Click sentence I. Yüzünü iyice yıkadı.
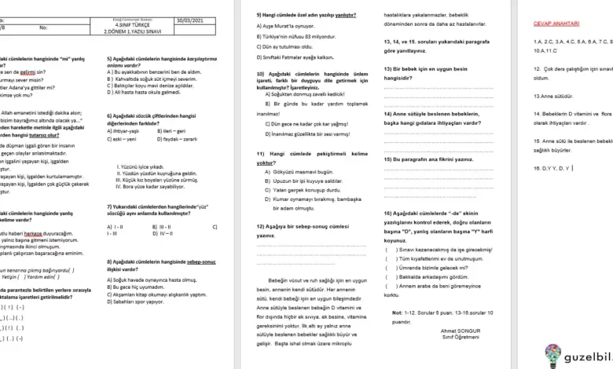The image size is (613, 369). (x=141, y=166)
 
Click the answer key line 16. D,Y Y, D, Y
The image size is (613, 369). (x=554, y=167)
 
